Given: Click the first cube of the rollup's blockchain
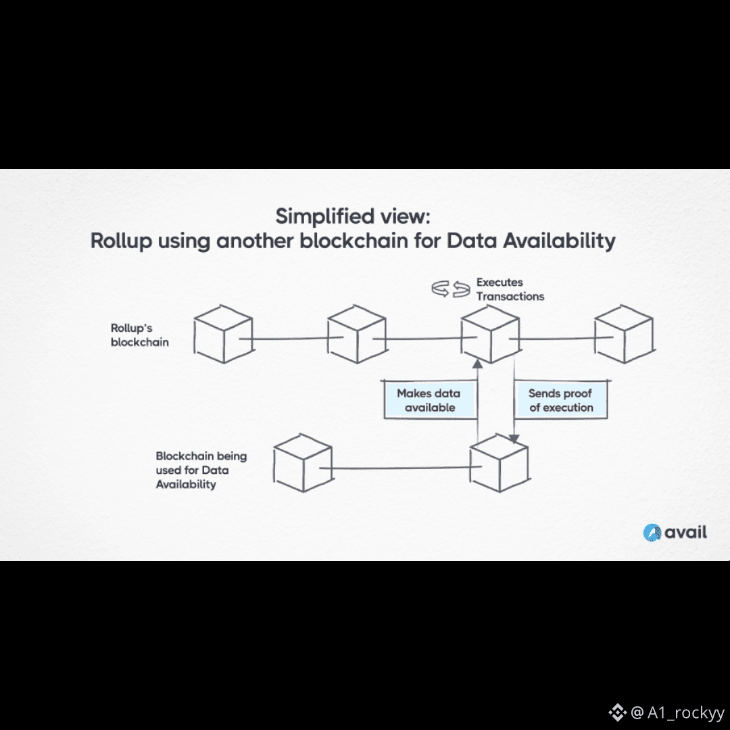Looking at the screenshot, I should pyautogui.click(x=223, y=334).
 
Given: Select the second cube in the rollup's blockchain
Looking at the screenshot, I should pyautogui.click(x=357, y=334).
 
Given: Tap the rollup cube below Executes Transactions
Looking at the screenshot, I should pyautogui.click(x=489, y=334).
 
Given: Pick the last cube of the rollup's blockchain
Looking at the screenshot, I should pyautogui.click(x=623, y=334).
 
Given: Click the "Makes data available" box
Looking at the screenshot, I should pyautogui.click(x=429, y=400).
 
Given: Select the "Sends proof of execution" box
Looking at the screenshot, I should pyautogui.click(x=560, y=400).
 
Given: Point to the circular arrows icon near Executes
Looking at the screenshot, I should pyautogui.click(x=451, y=289).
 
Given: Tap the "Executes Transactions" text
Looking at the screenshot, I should pyautogui.click(x=510, y=289).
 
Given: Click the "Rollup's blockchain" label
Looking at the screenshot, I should pyautogui.click(x=139, y=335).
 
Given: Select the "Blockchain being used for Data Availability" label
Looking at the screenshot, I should pyautogui.click(x=201, y=470).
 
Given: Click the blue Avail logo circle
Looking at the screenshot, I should pyautogui.click(x=652, y=533).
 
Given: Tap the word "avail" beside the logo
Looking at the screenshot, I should pyautogui.click(x=685, y=533).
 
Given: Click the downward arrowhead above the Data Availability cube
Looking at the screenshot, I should pyautogui.click(x=514, y=438).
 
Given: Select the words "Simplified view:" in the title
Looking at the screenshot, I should pyautogui.click(x=352, y=217).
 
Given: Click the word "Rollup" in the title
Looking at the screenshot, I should pyautogui.click(x=121, y=241).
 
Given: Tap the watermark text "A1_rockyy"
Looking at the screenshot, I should pyautogui.click(x=685, y=712).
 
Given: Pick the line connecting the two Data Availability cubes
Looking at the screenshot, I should pyautogui.click(x=395, y=467).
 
